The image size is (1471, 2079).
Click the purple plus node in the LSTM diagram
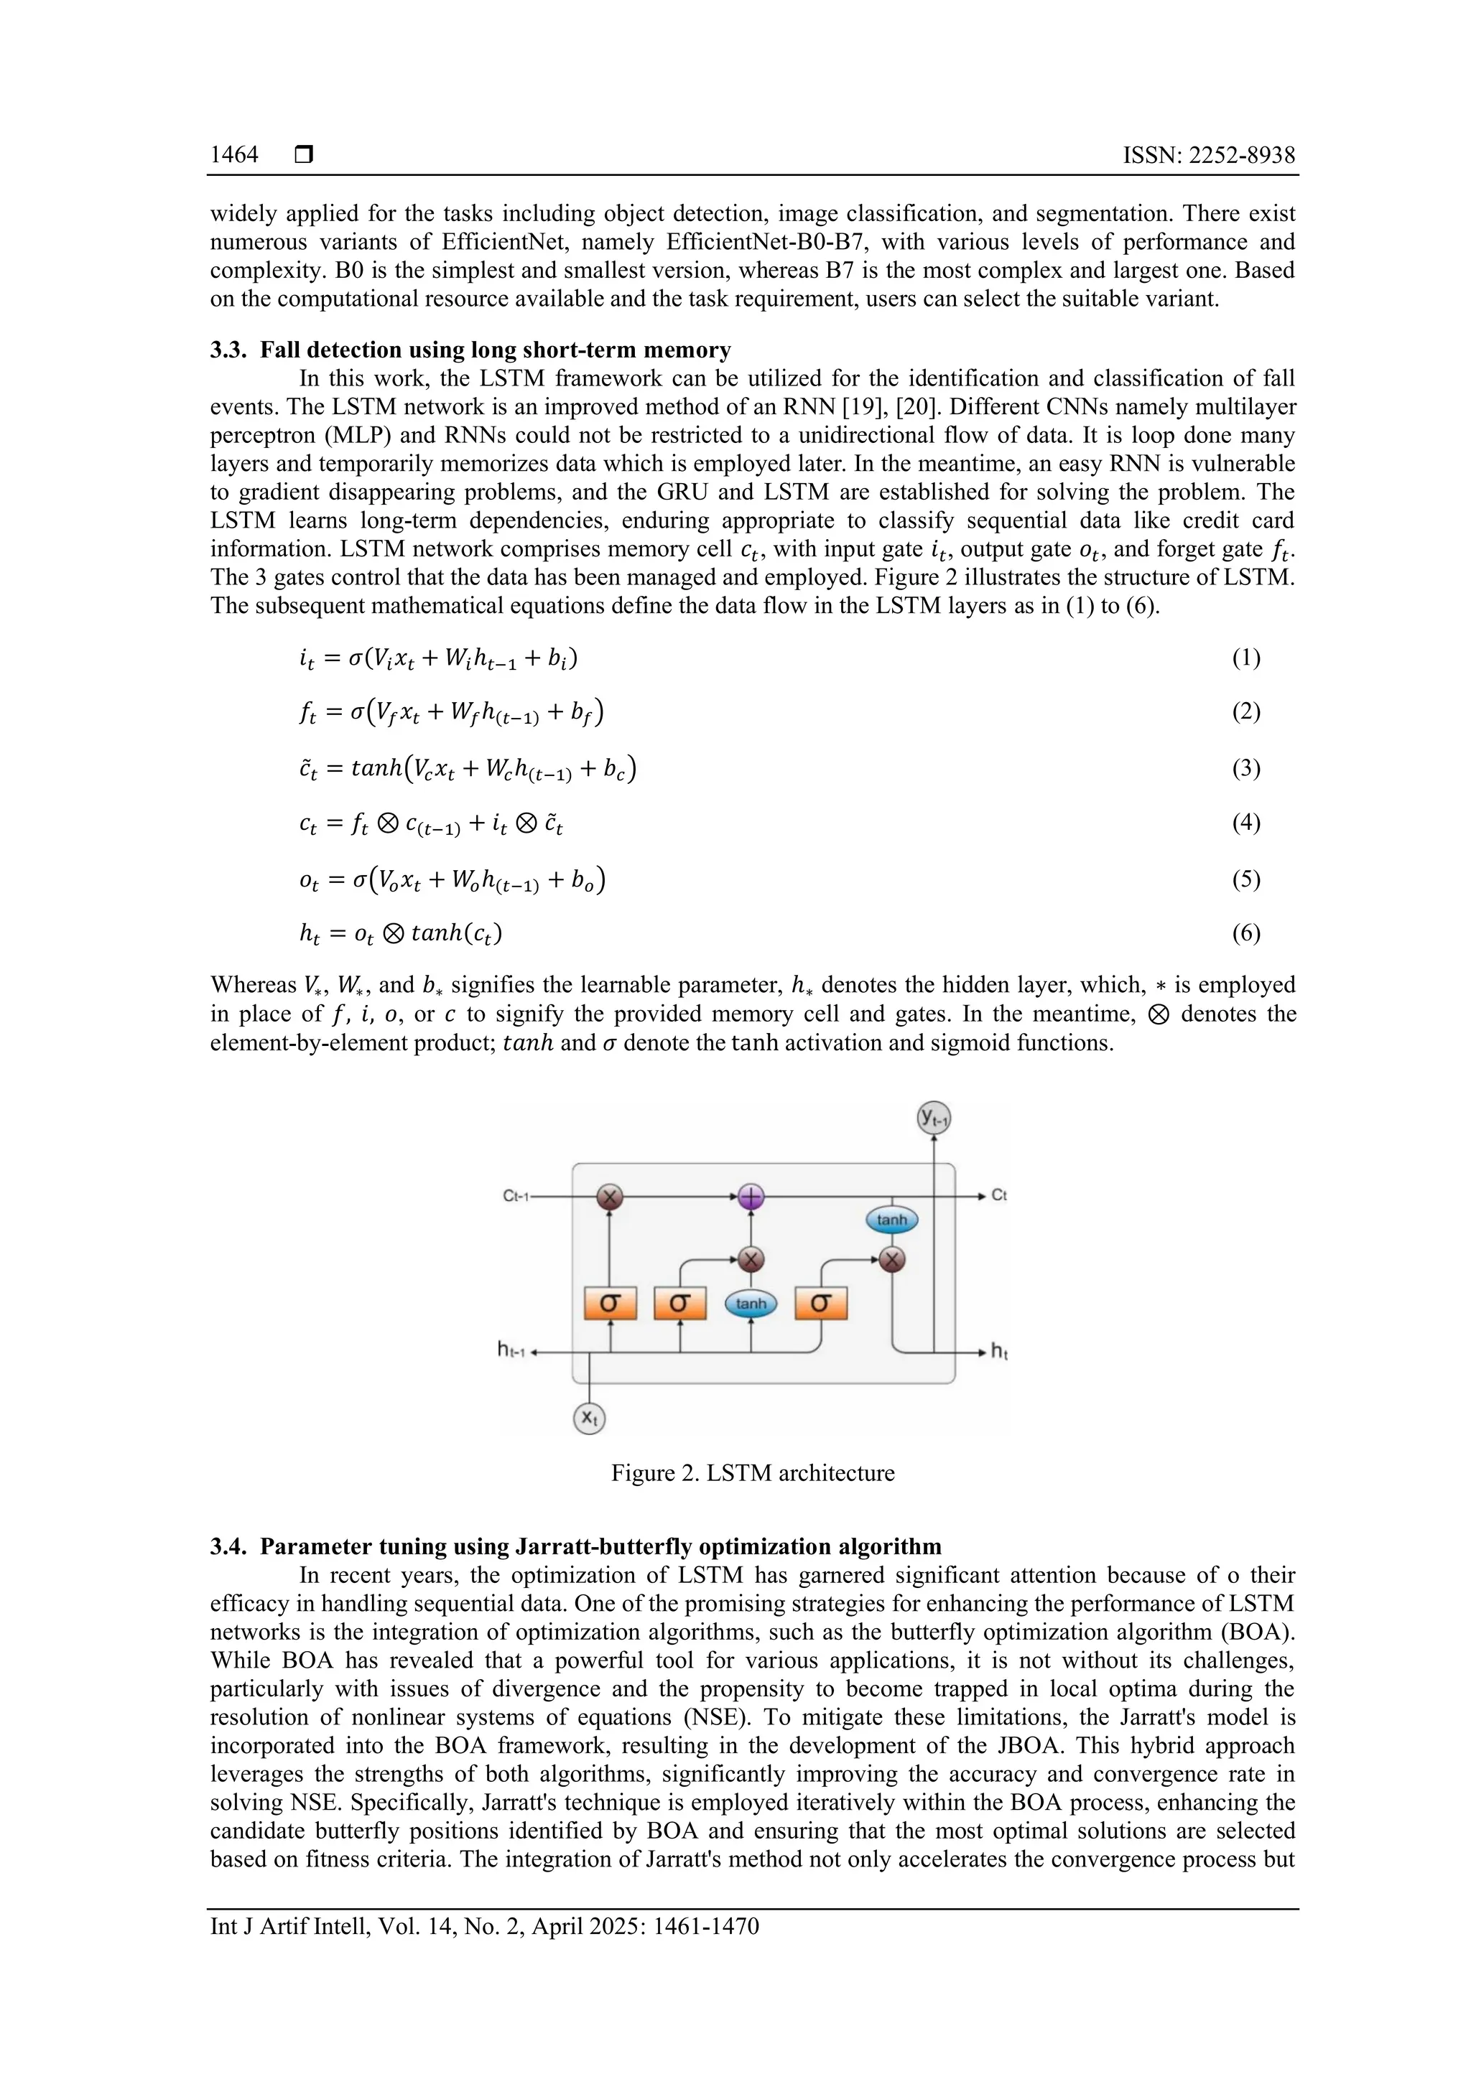click(751, 1197)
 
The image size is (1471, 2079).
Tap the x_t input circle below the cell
click(590, 1417)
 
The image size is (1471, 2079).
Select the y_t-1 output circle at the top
click(934, 1118)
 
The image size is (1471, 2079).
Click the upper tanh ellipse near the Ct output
click(892, 1220)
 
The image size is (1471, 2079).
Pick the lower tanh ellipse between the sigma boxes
click(751, 1304)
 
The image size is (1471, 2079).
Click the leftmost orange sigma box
click(610, 1304)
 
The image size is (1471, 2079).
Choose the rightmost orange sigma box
click(821, 1304)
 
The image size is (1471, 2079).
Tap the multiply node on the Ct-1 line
click(610, 1197)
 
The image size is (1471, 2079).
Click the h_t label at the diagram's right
click(999, 1352)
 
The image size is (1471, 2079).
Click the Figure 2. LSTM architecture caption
click(752, 1473)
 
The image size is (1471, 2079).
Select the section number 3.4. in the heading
click(228, 1546)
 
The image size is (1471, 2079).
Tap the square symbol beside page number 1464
click(305, 155)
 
